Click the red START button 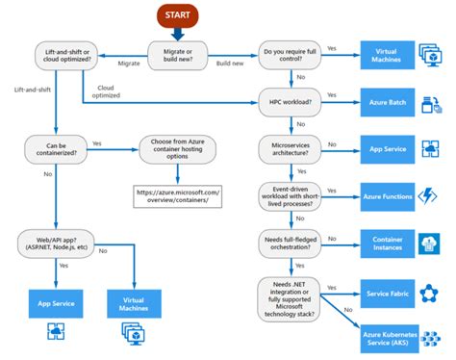pos(176,16)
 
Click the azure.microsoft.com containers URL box pos(178,196)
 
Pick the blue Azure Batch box pos(387,99)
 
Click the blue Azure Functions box pos(387,195)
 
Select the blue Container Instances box pos(387,241)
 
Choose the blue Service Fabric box pos(387,290)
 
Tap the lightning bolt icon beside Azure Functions pos(428,195)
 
